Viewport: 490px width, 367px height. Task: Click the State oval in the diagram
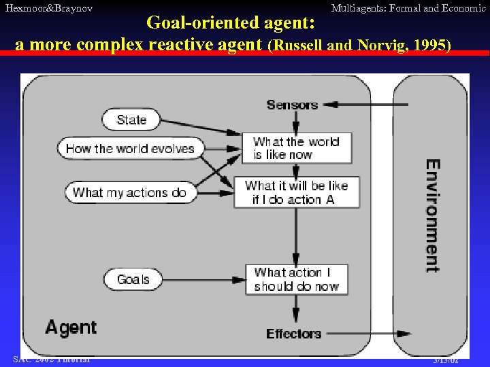131,120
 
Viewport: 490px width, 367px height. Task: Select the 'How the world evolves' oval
130,149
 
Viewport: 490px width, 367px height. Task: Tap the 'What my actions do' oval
129,192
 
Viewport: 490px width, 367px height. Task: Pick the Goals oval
133,279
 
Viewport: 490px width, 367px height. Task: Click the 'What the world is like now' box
297,148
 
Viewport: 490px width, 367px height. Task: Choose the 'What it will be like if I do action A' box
297,192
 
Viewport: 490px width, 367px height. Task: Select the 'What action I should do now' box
297,279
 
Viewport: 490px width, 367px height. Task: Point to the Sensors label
292,105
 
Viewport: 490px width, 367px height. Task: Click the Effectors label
293,334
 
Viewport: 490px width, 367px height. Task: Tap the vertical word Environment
432,215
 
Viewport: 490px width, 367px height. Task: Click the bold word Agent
70,328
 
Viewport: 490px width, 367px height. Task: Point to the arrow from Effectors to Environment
367,334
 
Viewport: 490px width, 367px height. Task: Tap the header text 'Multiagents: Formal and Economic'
408,8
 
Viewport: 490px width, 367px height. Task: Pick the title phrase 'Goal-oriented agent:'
231,23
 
